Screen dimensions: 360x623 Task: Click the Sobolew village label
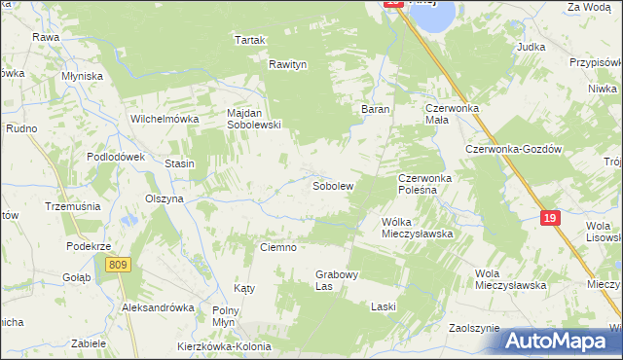[x=332, y=185]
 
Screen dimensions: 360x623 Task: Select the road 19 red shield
[x=551, y=219]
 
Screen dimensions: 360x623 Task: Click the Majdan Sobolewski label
[x=253, y=119]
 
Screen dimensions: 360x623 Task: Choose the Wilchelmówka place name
[x=165, y=119]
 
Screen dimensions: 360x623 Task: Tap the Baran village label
[x=376, y=110]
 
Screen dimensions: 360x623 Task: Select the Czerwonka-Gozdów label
[x=515, y=149]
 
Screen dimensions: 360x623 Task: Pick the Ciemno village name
[x=277, y=247]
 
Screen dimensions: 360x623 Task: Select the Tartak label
[x=250, y=40]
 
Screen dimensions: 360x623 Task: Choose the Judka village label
[x=531, y=47]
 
